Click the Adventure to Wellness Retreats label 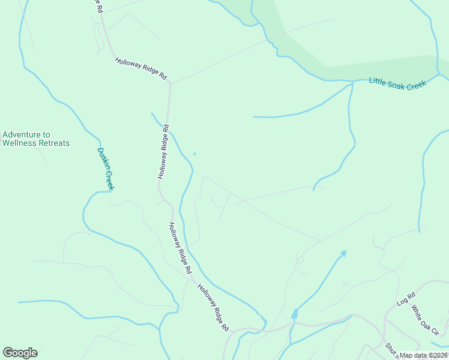(x=36, y=139)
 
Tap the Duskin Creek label (x=106, y=169)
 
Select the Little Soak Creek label (x=397, y=83)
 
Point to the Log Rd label (x=406, y=299)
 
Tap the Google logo (x=20, y=353)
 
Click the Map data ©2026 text (x=424, y=355)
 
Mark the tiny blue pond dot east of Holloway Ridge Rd (x=194, y=153)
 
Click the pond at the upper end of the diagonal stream (x=343, y=253)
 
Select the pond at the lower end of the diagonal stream (x=294, y=314)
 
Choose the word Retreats (x=54, y=143)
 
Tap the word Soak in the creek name (x=397, y=83)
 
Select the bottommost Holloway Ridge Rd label (x=214, y=308)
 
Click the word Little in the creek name (x=378, y=80)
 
